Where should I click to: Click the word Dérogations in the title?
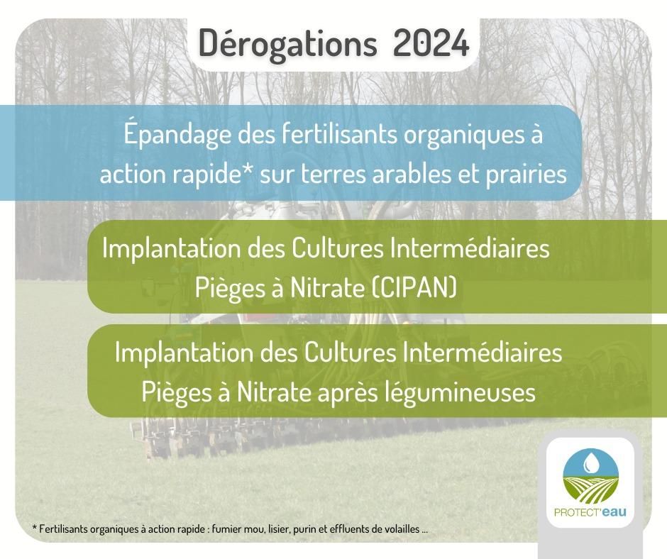(287, 44)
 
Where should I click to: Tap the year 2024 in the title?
(431, 43)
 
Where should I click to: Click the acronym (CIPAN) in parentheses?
(412, 287)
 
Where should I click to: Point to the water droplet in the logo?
(590, 462)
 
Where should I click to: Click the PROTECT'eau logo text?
(590, 511)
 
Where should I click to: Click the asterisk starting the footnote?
(34, 528)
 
